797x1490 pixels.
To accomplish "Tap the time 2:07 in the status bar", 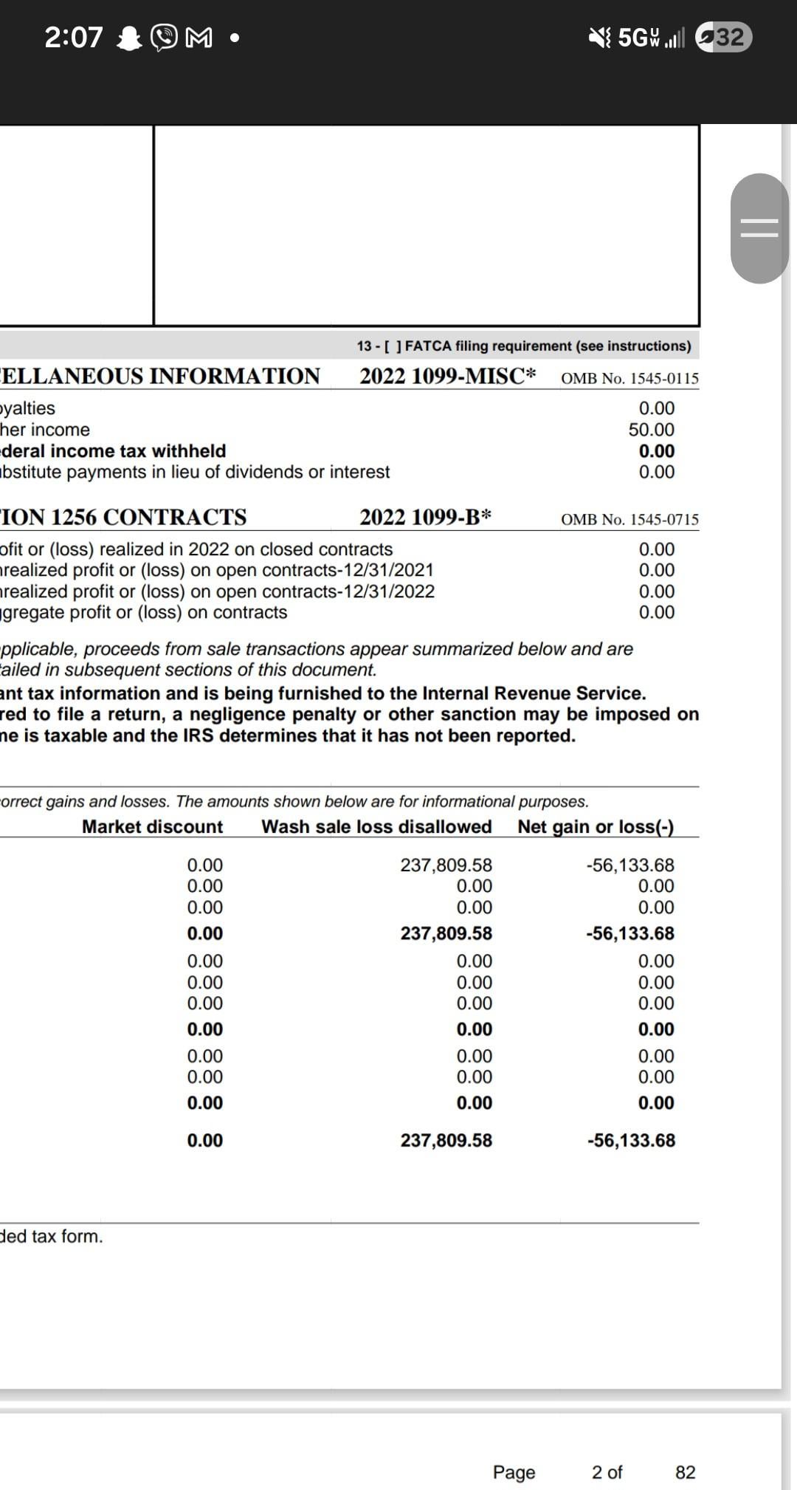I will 74,37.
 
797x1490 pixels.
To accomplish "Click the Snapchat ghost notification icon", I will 130,38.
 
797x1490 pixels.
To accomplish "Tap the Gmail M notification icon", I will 199,38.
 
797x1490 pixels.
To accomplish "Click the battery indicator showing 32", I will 723,37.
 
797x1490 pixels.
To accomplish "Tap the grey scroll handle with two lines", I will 759,228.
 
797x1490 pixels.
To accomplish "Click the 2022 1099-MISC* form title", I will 447,376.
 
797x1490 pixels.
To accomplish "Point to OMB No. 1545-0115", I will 629,378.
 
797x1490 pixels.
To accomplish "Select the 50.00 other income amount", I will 651,430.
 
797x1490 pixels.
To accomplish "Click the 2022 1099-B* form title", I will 425,517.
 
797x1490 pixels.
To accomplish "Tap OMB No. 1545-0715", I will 629,519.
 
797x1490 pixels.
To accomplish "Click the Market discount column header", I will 152,826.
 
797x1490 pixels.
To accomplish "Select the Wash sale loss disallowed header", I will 376,826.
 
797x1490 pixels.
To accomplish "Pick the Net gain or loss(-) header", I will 596,826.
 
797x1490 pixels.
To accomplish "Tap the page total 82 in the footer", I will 685,1472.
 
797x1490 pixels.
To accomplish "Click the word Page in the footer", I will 514,1472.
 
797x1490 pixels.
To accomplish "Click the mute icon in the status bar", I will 600,37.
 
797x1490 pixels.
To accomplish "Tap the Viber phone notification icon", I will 164,38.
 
